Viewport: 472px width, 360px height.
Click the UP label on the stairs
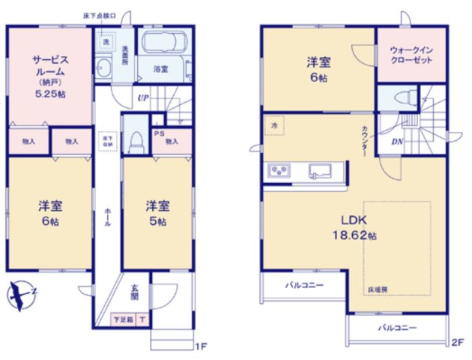pyautogui.click(x=142, y=97)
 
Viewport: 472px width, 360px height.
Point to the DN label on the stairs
pyautogui.click(x=397, y=142)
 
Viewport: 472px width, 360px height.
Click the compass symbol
pyautogui.click(x=22, y=295)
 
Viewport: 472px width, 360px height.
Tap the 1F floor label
pyautogui.click(x=200, y=346)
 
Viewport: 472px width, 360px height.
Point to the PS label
pyautogui.click(x=158, y=134)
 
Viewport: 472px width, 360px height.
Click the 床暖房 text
pyautogui.click(x=377, y=288)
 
